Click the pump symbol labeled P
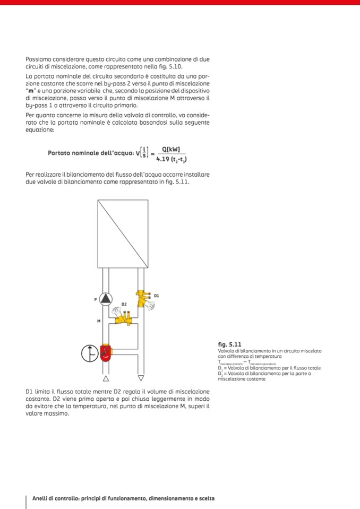pos(106,299)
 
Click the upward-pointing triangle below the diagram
pos(106,378)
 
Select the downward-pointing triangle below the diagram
pos(141,378)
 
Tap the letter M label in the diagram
pos(98,322)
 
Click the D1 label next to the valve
pos(157,295)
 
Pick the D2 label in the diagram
pos(124,304)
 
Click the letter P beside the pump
pos(96,299)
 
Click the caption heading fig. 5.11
pos(230,344)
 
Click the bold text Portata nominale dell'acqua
pos(90,153)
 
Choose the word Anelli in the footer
pos(41,498)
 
